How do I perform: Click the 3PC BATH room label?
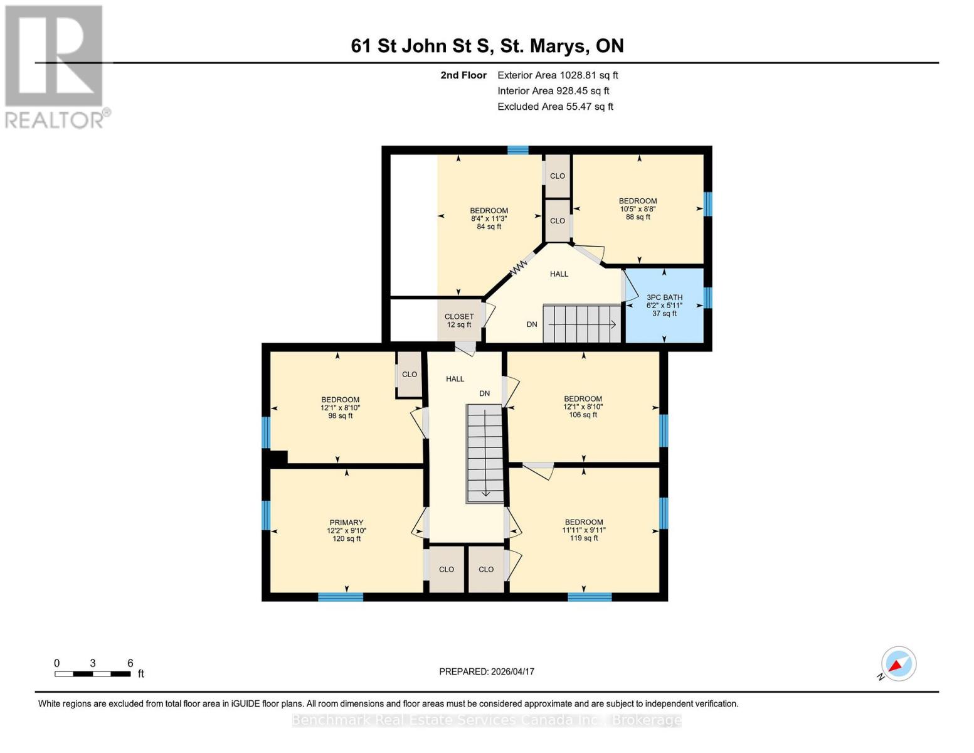pyautogui.click(x=664, y=305)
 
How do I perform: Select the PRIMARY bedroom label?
pyautogui.click(x=346, y=530)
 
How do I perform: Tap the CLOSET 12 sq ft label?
pyautogui.click(x=458, y=321)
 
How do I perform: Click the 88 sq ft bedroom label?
pyautogui.click(x=638, y=209)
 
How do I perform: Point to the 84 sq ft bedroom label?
pyautogui.click(x=489, y=218)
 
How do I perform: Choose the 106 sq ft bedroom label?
pyautogui.click(x=583, y=407)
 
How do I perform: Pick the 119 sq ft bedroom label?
pyautogui.click(x=583, y=530)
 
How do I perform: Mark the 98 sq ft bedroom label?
pyautogui.click(x=340, y=407)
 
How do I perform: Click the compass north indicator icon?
pyautogui.click(x=898, y=664)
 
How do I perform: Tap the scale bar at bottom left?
pyautogui.click(x=93, y=674)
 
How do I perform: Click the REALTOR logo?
pyautogui.click(x=55, y=67)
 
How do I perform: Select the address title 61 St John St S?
pyautogui.click(x=487, y=46)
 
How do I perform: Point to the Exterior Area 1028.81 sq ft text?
pyautogui.click(x=558, y=75)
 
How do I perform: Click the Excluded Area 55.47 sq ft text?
pyautogui.click(x=555, y=107)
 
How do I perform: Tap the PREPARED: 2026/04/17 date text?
pyautogui.click(x=487, y=671)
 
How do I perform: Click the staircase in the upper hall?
pyautogui.click(x=582, y=324)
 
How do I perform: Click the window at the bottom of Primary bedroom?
pyautogui.click(x=341, y=597)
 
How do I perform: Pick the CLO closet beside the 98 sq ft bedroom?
pyautogui.click(x=410, y=375)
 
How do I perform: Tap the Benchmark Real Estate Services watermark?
pyautogui.click(x=487, y=720)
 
